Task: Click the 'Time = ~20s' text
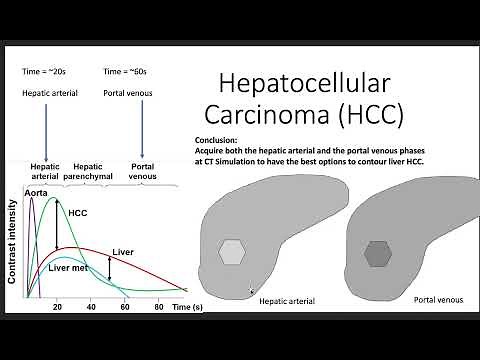[x=46, y=71]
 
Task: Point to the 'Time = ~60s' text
[x=127, y=71]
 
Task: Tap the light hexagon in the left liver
[x=232, y=251]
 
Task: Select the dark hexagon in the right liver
[x=378, y=254]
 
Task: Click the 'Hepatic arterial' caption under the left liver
[x=288, y=300]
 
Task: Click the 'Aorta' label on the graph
[x=37, y=191]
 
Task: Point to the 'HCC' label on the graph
[x=79, y=212]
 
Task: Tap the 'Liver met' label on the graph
[x=72, y=267]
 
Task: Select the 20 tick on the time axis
[x=57, y=307]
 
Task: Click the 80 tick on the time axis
[x=158, y=307]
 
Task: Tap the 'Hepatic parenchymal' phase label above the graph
[x=93, y=171]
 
